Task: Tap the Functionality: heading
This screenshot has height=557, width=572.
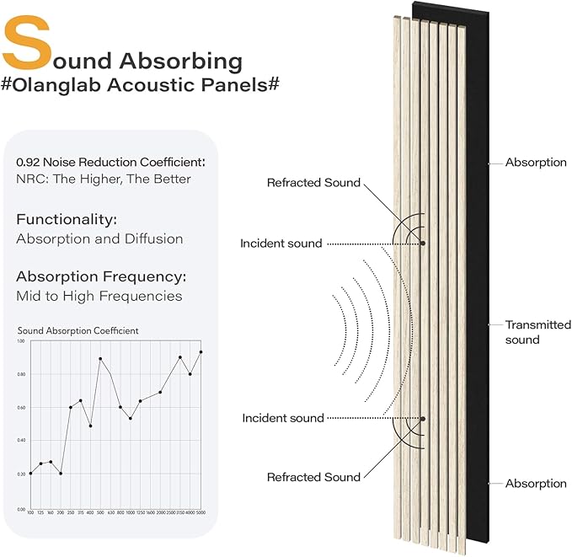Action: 67,219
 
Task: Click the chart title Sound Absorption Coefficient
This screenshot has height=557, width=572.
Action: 78,330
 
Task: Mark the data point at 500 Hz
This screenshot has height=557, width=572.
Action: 100,359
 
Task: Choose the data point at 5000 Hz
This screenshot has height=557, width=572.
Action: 200,352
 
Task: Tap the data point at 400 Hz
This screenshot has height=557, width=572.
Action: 90,426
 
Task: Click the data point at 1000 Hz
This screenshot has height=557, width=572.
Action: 130,418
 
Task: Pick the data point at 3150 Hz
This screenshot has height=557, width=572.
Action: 180,357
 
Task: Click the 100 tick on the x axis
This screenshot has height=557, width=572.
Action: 30,512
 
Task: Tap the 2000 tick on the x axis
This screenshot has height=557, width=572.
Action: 160,512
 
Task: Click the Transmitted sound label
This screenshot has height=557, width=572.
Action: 537,332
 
